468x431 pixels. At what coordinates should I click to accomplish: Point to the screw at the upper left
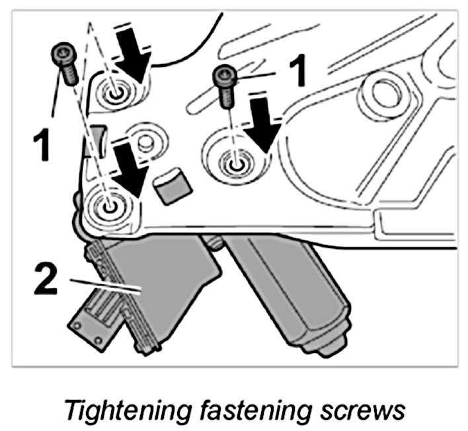click(x=65, y=63)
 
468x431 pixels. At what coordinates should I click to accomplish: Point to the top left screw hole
click(x=117, y=92)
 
